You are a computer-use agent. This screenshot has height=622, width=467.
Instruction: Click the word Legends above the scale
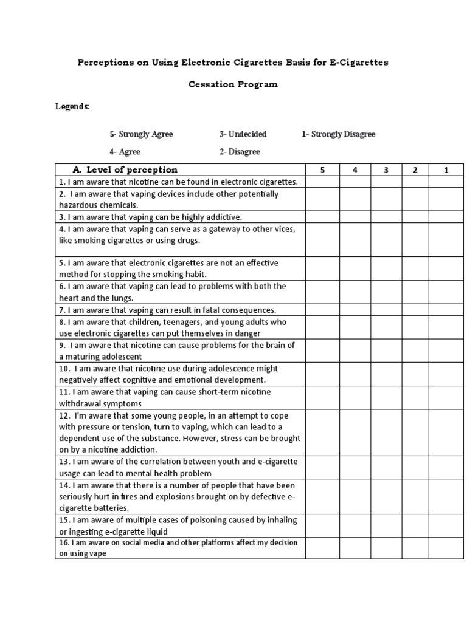pyautogui.click(x=72, y=107)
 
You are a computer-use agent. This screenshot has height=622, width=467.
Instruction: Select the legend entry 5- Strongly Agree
pyautogui.click(x=141, y=134)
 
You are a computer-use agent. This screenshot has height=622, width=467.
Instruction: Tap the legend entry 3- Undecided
pyautogui.click(x=243, y=134)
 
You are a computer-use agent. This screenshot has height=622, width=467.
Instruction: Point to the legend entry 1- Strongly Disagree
pyautogui.click(x=339, y=134)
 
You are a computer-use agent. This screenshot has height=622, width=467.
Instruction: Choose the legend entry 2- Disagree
pyautogui.click(x=240, y=152)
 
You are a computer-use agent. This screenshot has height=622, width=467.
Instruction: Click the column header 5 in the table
pyautogui.click(x=322, y=170)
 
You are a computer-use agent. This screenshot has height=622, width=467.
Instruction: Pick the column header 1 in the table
pyautogui.click(x=446, y=170)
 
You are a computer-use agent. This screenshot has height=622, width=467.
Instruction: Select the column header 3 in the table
pyautogui.click(x=386, y=170)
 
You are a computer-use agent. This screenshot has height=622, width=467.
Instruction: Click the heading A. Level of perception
pyautogui.click(x=125, y=170)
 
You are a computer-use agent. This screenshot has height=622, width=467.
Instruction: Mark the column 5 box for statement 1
pyautogui.click(x=322, y=182)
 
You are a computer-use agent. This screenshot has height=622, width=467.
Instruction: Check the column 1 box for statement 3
pyautogui.click(x=446, y=217)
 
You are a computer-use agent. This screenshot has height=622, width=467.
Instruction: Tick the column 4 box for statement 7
pyautogui.click(x=355, y=310)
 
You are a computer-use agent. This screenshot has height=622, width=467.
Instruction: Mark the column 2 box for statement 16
pyautogui.click(x=415, y=548)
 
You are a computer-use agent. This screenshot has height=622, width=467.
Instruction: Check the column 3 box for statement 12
pyautogui.click(x=386, y=432)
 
